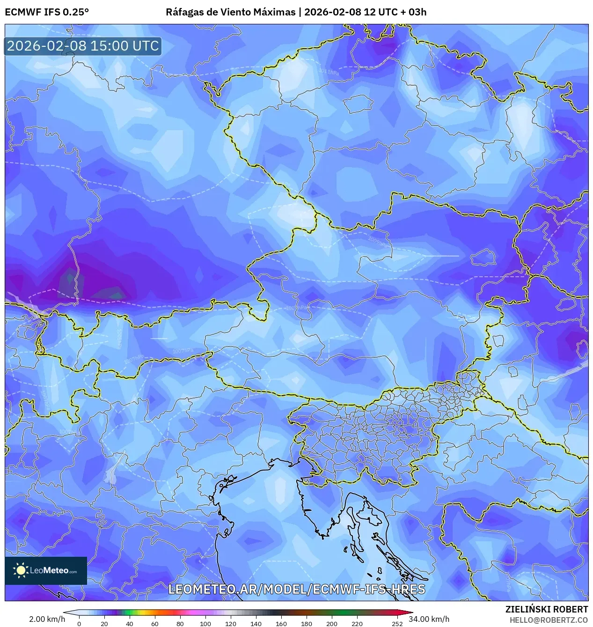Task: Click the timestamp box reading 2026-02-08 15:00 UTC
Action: [83, 46]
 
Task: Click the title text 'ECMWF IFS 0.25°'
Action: [47, 12]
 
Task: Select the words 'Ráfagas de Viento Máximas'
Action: [231, 12]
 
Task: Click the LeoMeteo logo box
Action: [46, 570]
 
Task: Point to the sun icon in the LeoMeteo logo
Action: [21, 570]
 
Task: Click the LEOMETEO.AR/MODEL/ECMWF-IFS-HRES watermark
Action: [296, 589]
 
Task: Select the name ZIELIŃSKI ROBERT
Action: [546, 609]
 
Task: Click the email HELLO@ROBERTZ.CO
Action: [549, 620]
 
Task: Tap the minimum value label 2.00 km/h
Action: [47, 619]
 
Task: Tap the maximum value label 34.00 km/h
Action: [429, 619]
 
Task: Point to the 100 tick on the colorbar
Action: [205, 623]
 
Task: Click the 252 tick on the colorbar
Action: [397, 623]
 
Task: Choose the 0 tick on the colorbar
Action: [79, 623]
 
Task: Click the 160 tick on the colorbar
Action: [281, 623]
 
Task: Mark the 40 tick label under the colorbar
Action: [129, 623]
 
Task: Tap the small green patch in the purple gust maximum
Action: [70, 278]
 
